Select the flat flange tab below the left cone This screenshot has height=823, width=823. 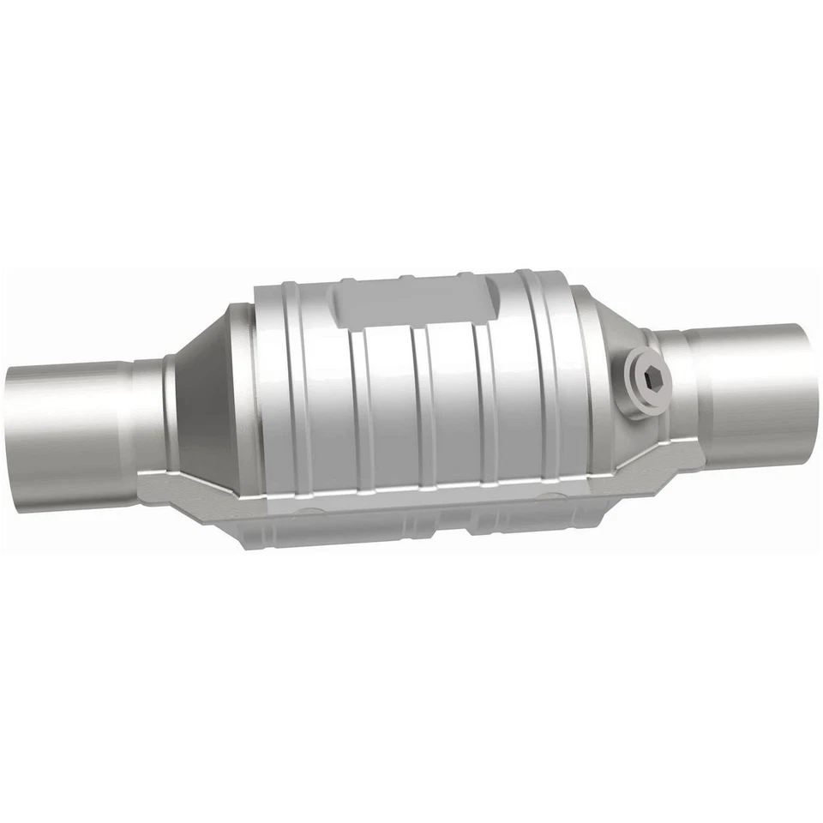coord(206,489)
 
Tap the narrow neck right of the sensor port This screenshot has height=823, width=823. coord(674,377)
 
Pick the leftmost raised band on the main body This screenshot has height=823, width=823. coord(283,386)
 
